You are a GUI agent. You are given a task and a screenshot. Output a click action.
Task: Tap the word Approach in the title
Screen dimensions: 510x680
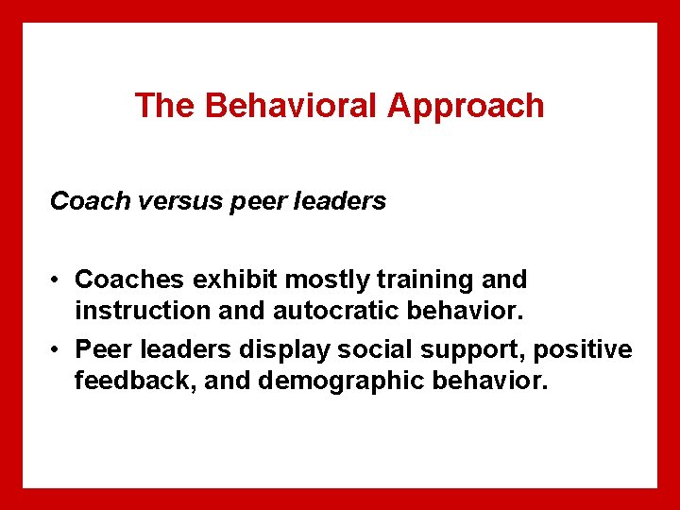466,106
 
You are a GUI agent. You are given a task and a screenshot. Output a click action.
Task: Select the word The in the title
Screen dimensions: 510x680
165,106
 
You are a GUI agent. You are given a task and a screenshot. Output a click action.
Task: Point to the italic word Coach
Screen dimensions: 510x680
83,201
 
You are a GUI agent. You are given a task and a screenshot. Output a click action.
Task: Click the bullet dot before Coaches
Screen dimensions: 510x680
58,280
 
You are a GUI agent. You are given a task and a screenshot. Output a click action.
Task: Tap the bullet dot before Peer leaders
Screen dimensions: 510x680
58,350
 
